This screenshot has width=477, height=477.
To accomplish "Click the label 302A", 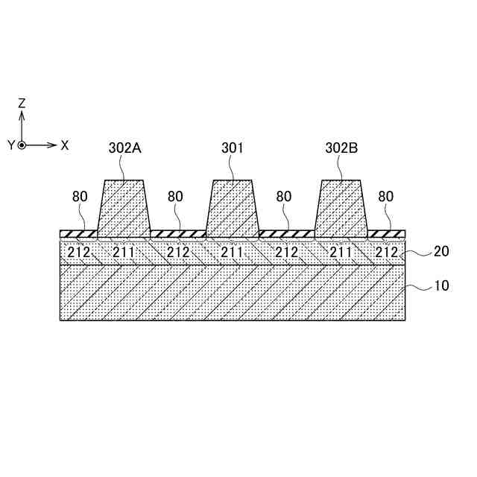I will pyautogui.click(x=124, y=148).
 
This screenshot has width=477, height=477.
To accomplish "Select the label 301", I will pyautogui.click(x=233, y=148).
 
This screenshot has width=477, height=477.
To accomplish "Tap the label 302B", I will pyautogui.click(x=341, y=148).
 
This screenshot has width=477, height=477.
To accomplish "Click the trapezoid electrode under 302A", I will pyautogui.click(x=124, y=209).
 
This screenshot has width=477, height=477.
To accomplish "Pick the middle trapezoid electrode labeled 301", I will pyautogui.click(x=233, y=209).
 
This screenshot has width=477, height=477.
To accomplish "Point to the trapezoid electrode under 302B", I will pyautogui.click(x=341, y=209).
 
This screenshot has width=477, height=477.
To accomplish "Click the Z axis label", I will pyautogui.click(x=22, y=104).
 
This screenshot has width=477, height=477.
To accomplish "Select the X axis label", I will pyautogui.click(x=65, y=145).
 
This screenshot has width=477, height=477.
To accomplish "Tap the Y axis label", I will pyautogui.click(x=10, y=145).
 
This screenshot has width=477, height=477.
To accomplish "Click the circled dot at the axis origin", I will pyautogui.click(x=22, y=145).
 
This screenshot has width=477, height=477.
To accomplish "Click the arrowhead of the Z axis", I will pyautogui.click(x=22, y=115).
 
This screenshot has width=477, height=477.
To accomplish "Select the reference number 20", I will pyautogui.click(x=441, y=251).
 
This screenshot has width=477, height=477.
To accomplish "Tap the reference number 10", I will pyautogui.click(x=441, y=285).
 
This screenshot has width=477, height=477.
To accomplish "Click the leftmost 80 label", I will pyautogui.click(x=80, y=198).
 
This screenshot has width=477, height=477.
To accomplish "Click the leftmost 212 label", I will pyautogui.click(x=79, y=253).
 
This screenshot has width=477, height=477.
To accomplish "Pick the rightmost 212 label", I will pyautogui.click(x=387, y=253).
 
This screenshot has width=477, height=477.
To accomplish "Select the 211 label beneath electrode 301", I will pyautogui.click(x=233, y=253).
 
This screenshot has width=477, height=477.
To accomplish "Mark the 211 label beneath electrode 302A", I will pyautogui.click(x=124, y=253).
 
